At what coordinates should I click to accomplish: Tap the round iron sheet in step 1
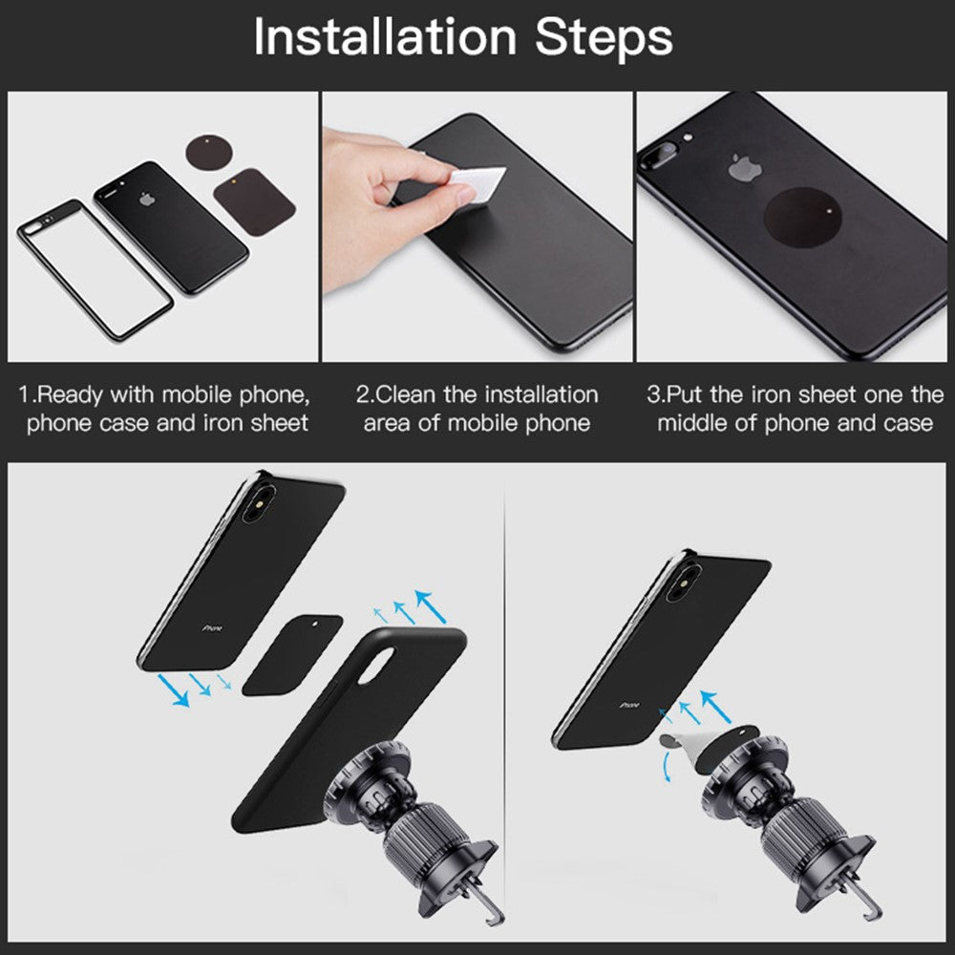pos(209,152)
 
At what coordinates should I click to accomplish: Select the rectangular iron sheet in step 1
pos(255,202)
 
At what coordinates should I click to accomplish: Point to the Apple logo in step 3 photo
pos(745,167)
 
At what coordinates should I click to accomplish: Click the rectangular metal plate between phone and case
pos(292,655)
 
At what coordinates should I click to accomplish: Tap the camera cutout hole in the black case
pos(375,666)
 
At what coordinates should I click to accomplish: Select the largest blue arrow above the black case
pos(431,606)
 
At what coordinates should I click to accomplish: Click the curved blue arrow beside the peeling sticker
pos(667,766)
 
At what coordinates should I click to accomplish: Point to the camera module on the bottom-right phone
pos(684,583)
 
